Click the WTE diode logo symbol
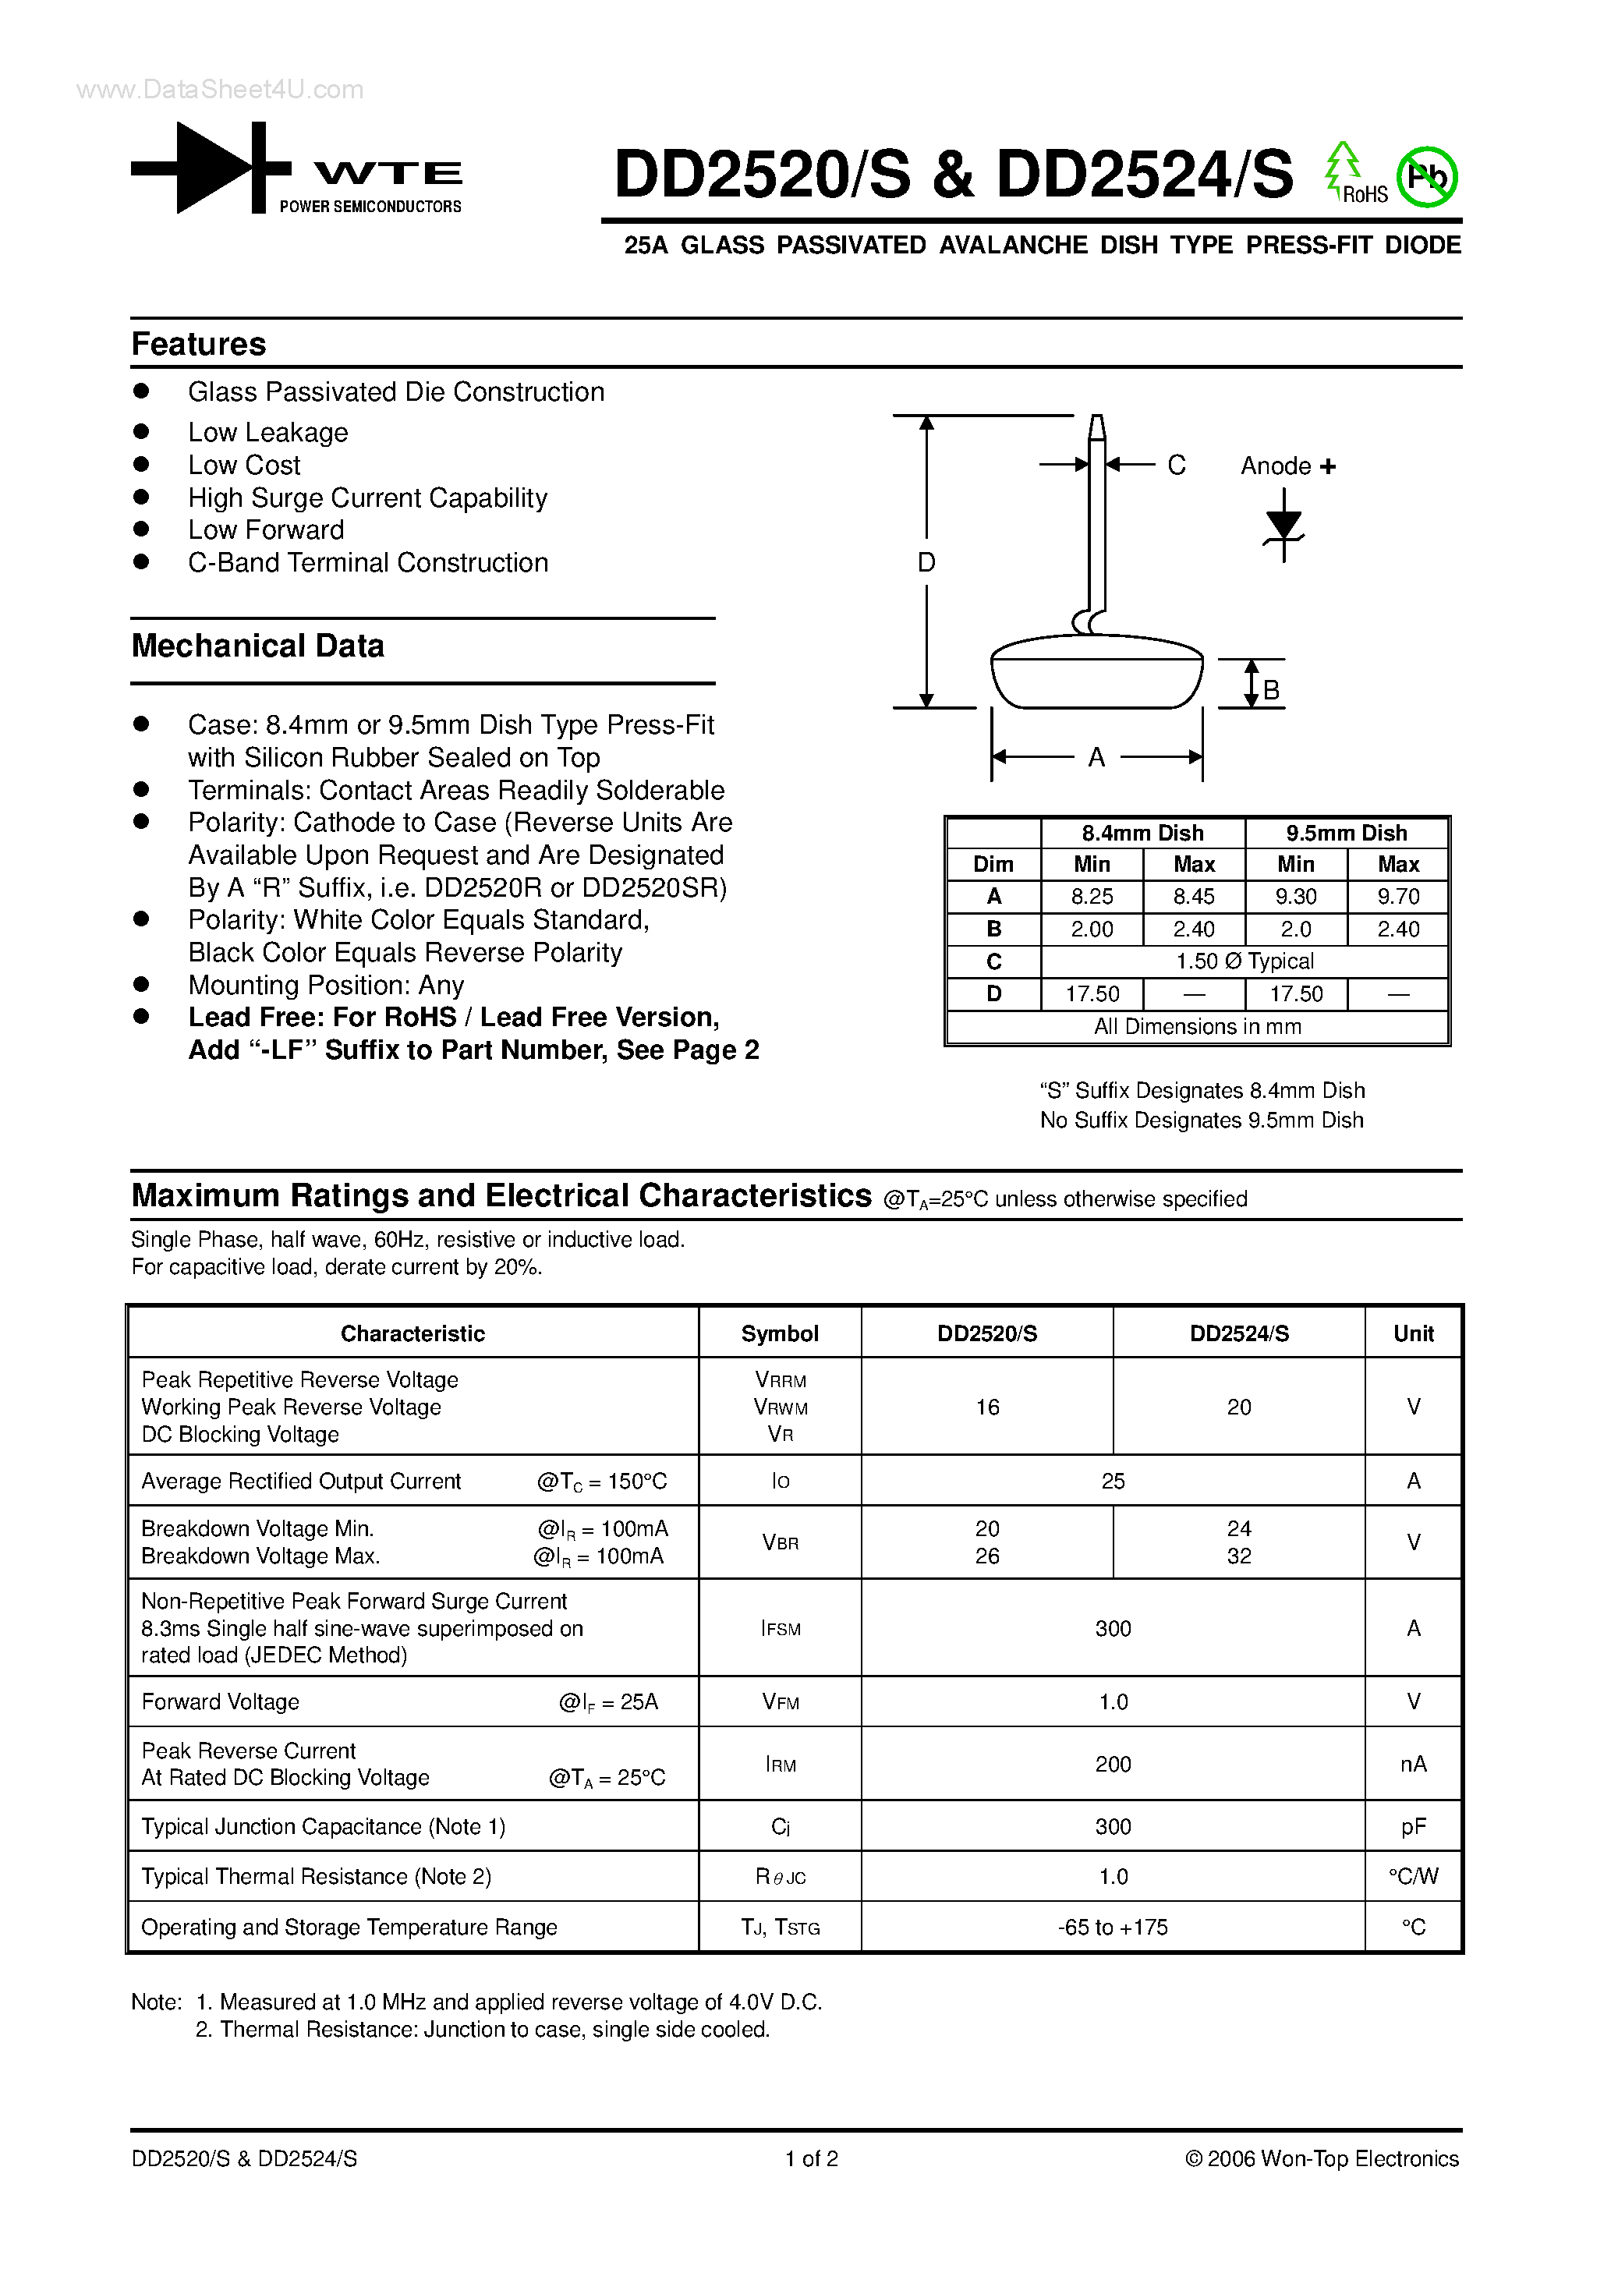coord(211,168)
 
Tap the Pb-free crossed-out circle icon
coord(1426,178)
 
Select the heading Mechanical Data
coord(257,646)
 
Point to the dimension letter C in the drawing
coord(1176,465)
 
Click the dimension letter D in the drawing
coord(926,562)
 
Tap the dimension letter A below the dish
coord(1096,758)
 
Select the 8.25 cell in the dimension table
coord(1092,897)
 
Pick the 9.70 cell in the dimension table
coord(1397,897)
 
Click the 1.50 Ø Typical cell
coord(1244,961)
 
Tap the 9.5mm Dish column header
coord(1346,832)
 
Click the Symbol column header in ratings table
coord(780,1333)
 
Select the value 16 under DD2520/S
coord(986,1407)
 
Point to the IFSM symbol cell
coord(780,1629)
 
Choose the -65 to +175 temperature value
coord(1113,1927)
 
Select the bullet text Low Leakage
coord(268,432)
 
